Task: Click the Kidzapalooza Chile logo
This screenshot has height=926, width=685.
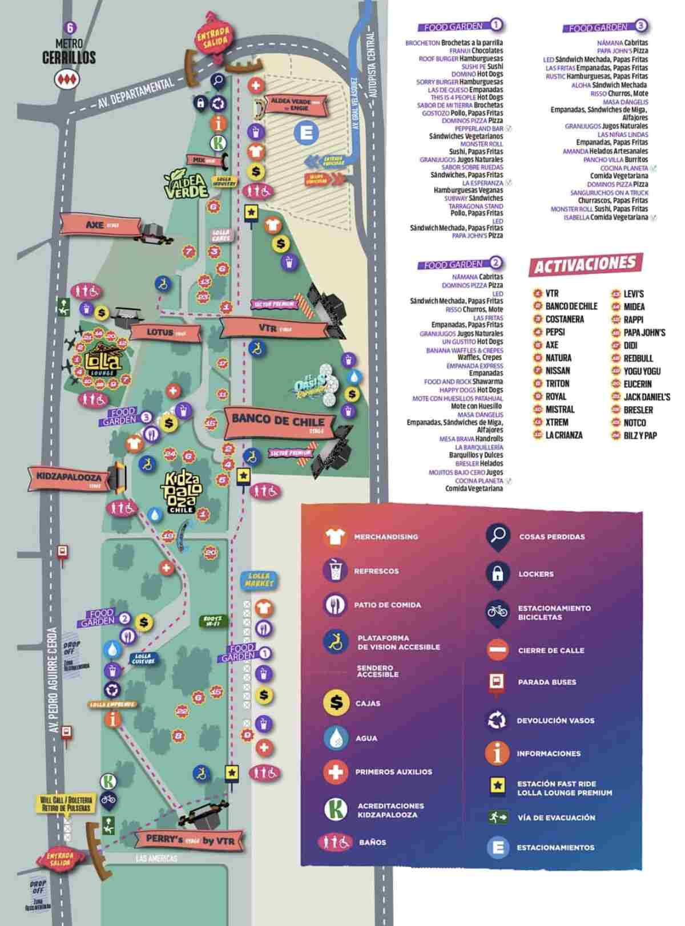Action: pyautogui.click(x=180, y=492)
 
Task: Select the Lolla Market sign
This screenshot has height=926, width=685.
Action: pyautogui.click(x=260, y=580)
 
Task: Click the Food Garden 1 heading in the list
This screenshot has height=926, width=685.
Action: pyautogui.click(x=461, y=26)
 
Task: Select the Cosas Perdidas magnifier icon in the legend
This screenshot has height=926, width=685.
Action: pyautogui.click(x=498, y=536)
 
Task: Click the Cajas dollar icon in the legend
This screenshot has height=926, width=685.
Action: pyautogui.click(x=336, y=703)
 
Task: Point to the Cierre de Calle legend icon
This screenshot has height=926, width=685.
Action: pyautogui.click(x=498, y=650)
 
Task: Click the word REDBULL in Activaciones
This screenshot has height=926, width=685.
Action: pyautogui.click(x=634, y=358)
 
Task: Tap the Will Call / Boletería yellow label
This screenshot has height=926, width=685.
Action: pyautogui.click(x=65, y=804)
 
